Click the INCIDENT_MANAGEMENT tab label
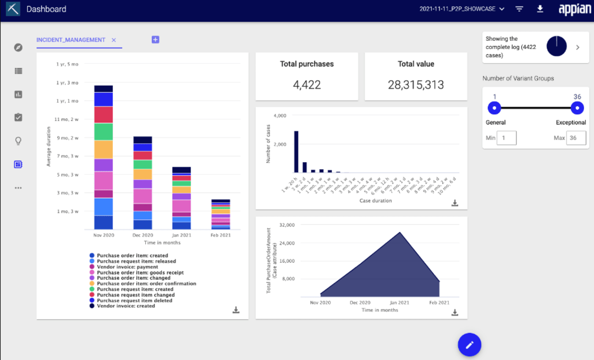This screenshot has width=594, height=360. click(70, 40)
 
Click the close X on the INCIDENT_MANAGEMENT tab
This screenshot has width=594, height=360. click(114, 40)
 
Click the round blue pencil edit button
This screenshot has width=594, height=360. click(469, 345)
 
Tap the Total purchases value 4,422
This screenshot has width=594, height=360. click(306, 85)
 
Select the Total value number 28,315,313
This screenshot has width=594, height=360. click(416, 85)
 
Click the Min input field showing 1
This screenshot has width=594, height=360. click(506, 138)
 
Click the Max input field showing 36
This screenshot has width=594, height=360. click(576, 138)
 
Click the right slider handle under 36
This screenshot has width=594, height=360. click(577, 108)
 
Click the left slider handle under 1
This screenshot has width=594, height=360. click(494, 108)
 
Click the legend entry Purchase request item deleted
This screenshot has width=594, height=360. click(134, 301)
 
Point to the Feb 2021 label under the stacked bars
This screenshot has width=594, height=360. click(221, 235)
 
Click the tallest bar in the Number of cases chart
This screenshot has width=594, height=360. click(296, 152)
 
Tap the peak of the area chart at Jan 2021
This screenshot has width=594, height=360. click(400, 233)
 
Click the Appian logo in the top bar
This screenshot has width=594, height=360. click(574, 9)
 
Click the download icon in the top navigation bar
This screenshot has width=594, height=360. click(540, 9)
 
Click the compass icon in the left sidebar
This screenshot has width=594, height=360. click(18, 47)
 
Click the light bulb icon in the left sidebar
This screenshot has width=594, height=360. click(18, 141)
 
